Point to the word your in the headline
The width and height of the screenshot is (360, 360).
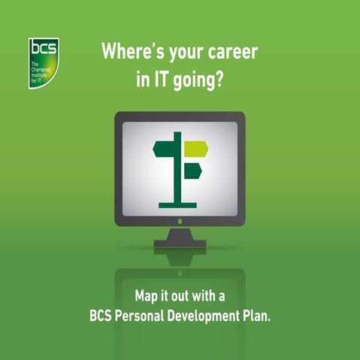183,54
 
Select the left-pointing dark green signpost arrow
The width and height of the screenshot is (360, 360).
164,150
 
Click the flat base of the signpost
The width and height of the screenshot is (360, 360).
178,204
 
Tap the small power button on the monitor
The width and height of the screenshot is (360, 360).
179,222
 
